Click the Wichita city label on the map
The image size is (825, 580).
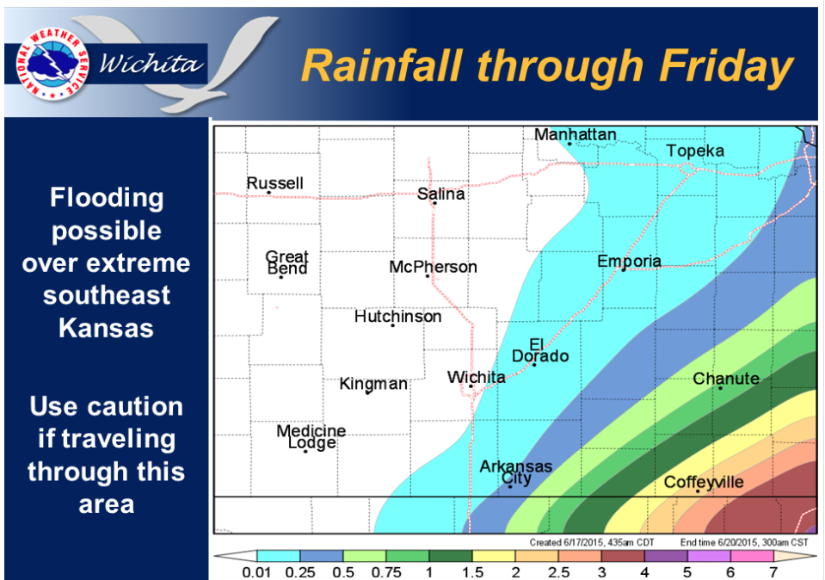[477, 378]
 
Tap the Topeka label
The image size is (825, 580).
[695, 151]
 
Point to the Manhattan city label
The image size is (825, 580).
[575, 135]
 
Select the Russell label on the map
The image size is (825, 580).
[275, 183]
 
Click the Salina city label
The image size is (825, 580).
[441, 194]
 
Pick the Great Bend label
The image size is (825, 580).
[286, 262]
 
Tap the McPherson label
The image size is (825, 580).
[433, 267]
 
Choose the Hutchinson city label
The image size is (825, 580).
[397, 317]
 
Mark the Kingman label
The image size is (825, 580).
[373, 384]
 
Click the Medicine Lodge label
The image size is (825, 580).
[311, 437]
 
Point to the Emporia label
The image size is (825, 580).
[629, 261]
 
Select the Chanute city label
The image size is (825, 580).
[726, 379]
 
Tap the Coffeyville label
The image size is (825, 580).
[704, 482]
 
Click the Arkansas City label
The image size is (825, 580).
[515, 472]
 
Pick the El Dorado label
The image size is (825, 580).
[540, 351]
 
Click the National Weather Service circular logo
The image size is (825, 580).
[52, 64]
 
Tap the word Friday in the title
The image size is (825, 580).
[726, 66]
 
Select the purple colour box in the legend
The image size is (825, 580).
[666, 556]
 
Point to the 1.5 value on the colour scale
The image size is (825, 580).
[472, 572]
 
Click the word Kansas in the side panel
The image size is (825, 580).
[107, 328]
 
